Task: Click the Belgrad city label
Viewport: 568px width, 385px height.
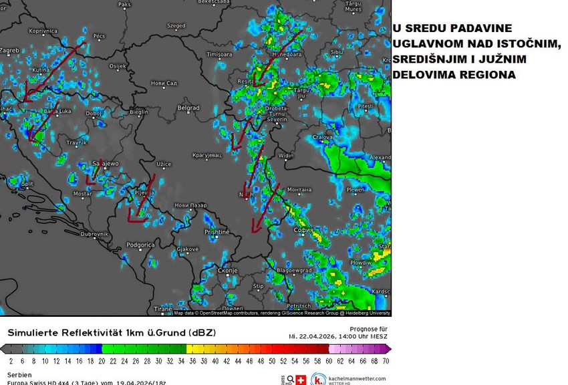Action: pyautogui.click(x=188, y=108)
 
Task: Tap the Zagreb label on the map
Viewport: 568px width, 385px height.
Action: pyautogui.click(x=9, y=50)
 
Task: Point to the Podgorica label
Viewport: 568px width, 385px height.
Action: pyautogui.click(x=141, y=245)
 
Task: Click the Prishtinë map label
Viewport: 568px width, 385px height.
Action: pyautogui.click(x=217, y=232)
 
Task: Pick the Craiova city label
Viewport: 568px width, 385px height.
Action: pyautogui.click(x=323, y=137)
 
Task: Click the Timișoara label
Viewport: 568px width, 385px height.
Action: pyautogui.click(x=218, y=53)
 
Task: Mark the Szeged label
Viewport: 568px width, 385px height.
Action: pyautogui.click(x=176, y=26)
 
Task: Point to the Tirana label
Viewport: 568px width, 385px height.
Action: pyautogui.click(x=162, y=309)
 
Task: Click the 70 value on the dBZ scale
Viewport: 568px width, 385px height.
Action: pyautogui.click(x=386, y=360)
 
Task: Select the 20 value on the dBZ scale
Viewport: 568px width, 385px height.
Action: pyautogui.click(x=102, y=360)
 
